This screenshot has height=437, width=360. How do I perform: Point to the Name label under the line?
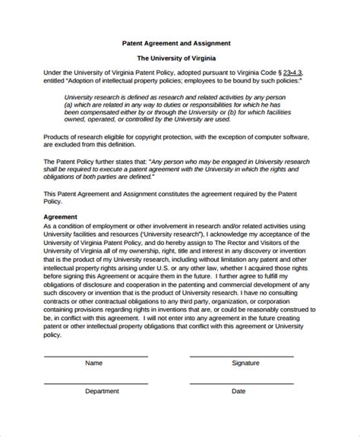coord(93,385)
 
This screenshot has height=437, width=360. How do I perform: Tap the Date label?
coord(238,412)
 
